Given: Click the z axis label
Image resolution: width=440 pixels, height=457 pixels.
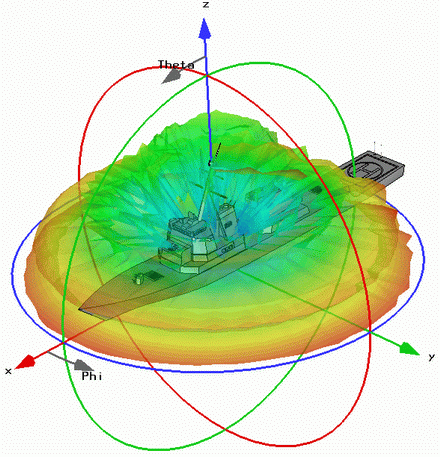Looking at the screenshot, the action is [x=206, y=5].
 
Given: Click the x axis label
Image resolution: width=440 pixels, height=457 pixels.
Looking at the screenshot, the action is [x=8, y=371].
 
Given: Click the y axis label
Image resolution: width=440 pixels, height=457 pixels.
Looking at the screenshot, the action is [x=432, y=357].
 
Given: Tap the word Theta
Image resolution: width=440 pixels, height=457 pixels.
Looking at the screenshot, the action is [x=176, y=65].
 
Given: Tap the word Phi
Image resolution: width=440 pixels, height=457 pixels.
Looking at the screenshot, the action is [x=92, y=376].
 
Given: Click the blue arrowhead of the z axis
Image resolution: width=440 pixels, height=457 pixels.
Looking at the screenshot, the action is [x=205, y=29].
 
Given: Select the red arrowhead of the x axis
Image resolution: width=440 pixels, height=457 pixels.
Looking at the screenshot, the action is [x=25, y=362].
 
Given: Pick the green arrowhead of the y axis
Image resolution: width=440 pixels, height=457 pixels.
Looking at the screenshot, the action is [x=409, y=348].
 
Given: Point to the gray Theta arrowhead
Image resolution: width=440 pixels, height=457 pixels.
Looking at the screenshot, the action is [x=171, y=77].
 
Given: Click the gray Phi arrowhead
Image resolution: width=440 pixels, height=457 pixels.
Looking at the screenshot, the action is [x=82, y=365].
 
